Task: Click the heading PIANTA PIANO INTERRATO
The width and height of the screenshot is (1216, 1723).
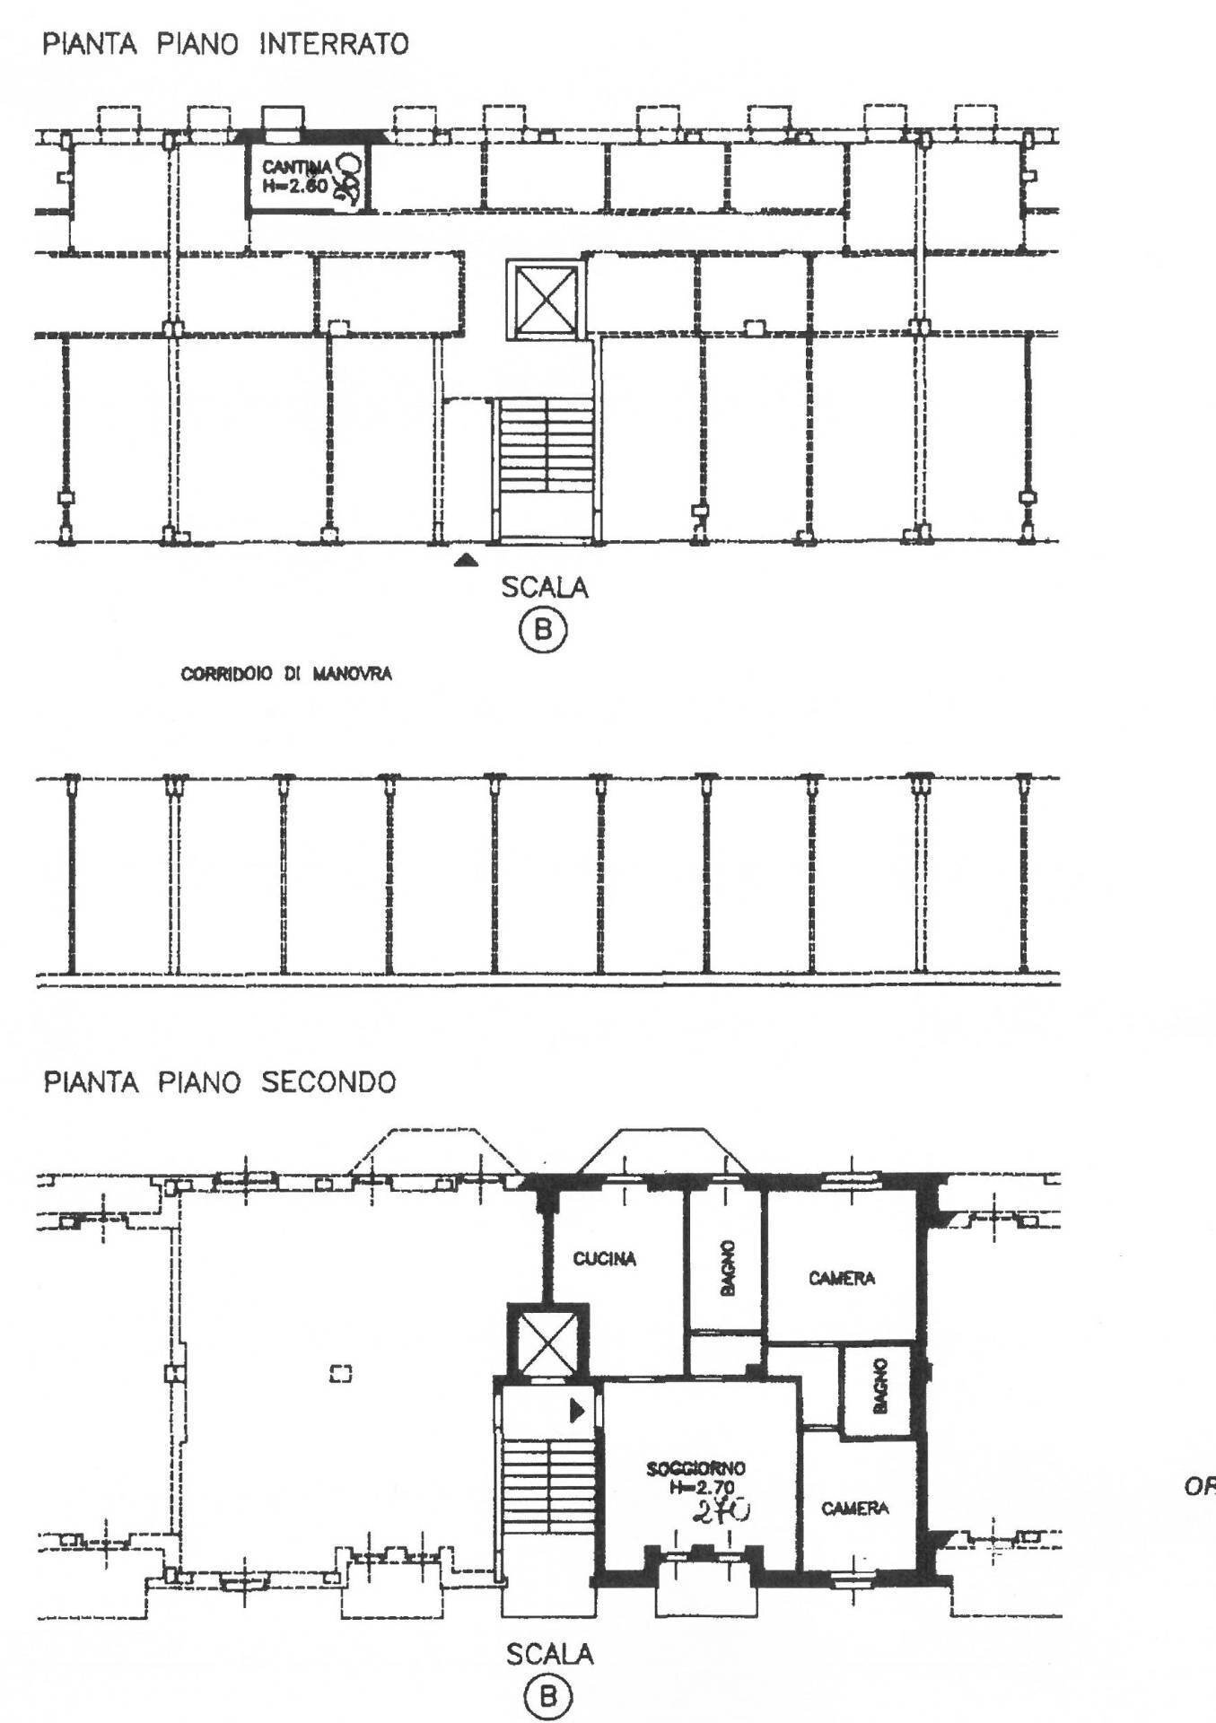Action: (225, 45)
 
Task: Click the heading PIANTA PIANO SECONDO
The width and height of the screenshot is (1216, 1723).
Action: (220, 1082)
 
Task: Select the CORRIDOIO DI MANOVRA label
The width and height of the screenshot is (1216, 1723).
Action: (286, 674)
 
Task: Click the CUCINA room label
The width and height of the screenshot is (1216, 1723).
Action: (605, 1259)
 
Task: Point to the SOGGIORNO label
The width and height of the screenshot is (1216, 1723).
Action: (695, 1469)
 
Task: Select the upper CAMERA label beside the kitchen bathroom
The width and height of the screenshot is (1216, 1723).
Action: (841, 1278)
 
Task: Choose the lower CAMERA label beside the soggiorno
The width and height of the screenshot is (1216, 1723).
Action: (854, 1509)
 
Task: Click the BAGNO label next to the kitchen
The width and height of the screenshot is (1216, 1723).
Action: (726, 1267)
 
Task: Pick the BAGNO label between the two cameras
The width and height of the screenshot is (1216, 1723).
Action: (879, 1386)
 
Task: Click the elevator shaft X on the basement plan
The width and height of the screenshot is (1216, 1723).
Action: (545, 301)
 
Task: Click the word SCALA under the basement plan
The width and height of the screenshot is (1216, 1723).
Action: (545, 588)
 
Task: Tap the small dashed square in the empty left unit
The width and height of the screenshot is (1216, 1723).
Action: (341, 1372)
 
